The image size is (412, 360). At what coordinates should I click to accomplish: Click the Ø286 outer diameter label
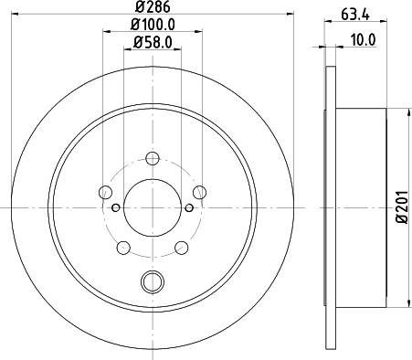click(152, 8)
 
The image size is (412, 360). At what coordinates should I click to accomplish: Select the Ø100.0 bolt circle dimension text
click(152, 26)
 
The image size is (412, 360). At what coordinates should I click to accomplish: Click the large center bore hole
click(152, 207)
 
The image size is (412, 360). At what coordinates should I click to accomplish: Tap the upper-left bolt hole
click(105, 192)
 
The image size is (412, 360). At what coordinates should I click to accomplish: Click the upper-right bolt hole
click(198, 192)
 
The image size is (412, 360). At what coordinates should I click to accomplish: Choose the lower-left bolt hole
click(122, 247)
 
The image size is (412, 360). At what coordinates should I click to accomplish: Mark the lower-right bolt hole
click(181, 247)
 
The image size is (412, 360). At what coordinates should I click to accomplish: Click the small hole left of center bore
click(115, 207)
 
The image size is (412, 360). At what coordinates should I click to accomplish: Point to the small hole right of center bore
click(189, 207)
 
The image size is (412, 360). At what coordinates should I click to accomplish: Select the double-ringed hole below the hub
click(152, 283)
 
